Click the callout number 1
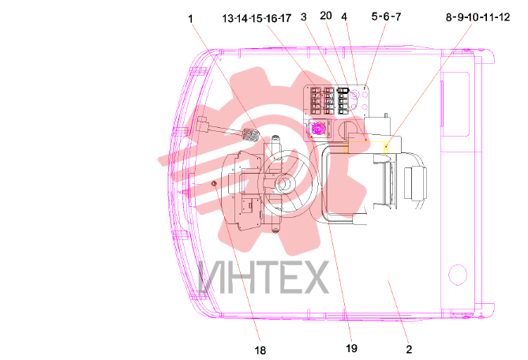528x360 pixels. point(190,18)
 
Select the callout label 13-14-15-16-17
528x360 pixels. point(257,18)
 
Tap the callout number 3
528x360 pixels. point(304,17)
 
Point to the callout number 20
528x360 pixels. point(326,16)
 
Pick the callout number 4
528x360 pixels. point(344,16)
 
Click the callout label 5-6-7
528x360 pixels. point(386,16)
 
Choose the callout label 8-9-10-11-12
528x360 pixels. point(477,17)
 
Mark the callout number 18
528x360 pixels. point(260,351)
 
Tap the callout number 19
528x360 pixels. point(351,348)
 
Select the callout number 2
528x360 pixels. point(409,349)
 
